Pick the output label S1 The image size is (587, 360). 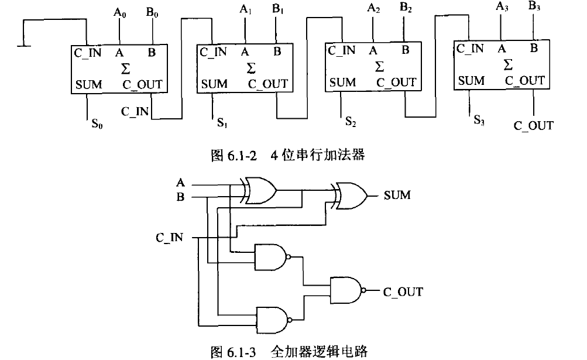click(x=222, y=124)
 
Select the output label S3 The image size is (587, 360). click(x=479, y=121)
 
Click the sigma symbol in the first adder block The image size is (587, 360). click(x=125, y=68)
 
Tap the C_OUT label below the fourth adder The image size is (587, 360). click(x=533, y=126)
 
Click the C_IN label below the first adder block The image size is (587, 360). click(x=135, y=110)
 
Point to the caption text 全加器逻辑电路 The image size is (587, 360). click(x=319, y=352)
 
